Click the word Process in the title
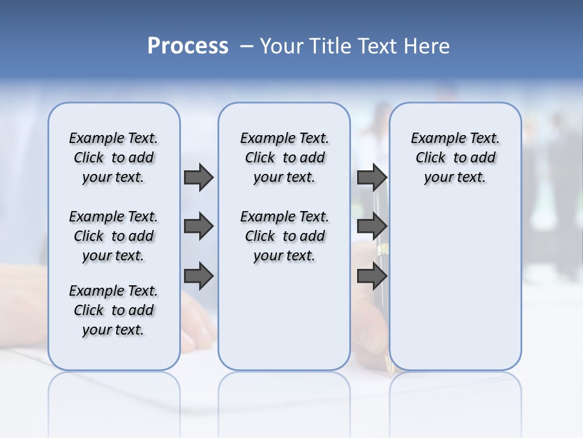click(x=188, y=46)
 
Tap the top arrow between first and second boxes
click(x=199, y=177)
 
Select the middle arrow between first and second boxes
click(x=199, y=227)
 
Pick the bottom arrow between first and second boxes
click(x=199, y=276)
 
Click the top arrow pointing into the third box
click(x=372, y=177)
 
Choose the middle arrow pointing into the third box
click(x=372, y=227)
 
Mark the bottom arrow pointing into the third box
click(x=372, y=276)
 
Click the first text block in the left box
click(x=114, y=158)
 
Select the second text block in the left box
click(x=114, y=236)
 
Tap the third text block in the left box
click(x=114, y=310)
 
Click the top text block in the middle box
click(x=284, y=158)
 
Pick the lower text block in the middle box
click(x=284, y=236)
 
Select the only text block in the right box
click(x=455, y=158)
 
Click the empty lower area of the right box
click(x=455, y=292)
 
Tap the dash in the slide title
click(x=246, y=46)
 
